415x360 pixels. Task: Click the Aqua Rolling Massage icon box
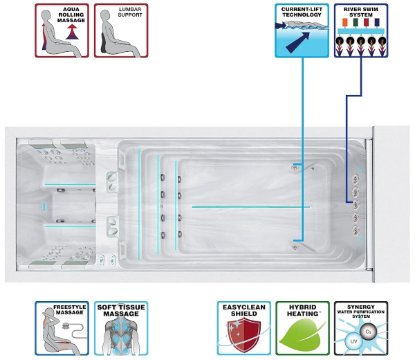tap(62, 30)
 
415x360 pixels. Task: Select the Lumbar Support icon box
tap(120, 30)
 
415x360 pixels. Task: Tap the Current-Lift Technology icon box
tap(302, 30)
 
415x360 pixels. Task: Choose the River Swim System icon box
tap(360, 30)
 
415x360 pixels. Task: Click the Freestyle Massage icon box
tap(62, 328)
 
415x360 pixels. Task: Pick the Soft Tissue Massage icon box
tap(121, 328)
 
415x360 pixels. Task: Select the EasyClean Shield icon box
tap(243, 328)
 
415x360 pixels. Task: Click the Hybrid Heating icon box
tap(302, 328)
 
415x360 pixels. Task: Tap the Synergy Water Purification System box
tap(360, 328)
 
